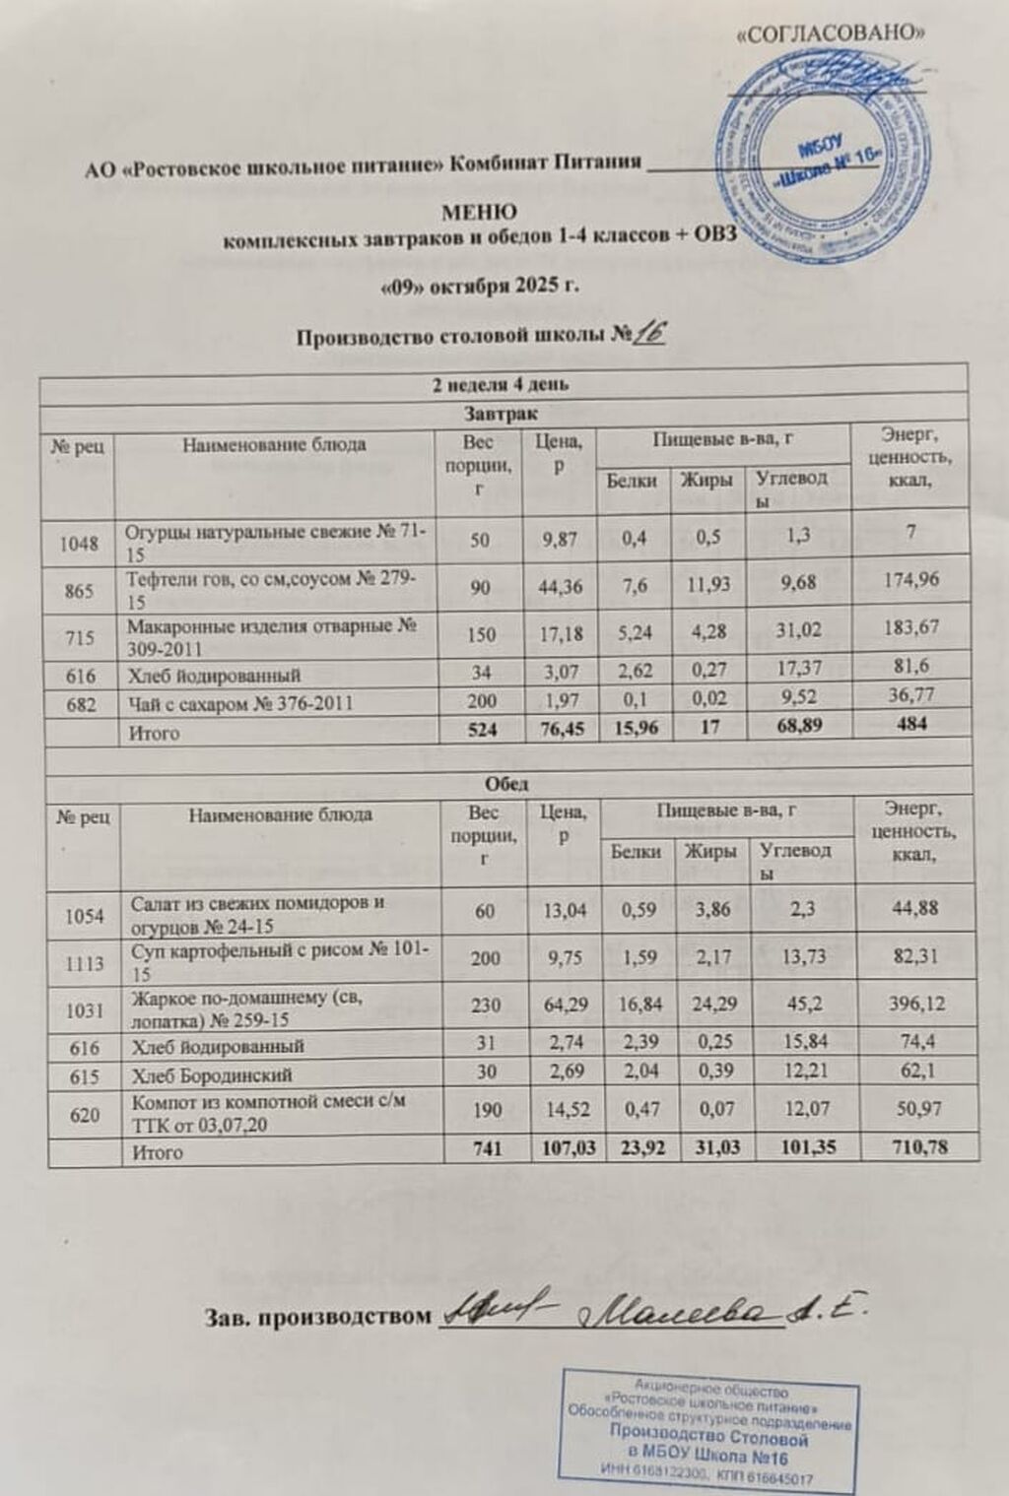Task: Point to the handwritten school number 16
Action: (x=650, y=335)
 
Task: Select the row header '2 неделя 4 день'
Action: (x=500, y=385)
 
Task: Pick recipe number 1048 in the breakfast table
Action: (x=79, y=543)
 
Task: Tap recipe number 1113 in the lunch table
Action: (x=85, y=962)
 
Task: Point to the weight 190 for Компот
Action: (x=481, y=1109)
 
